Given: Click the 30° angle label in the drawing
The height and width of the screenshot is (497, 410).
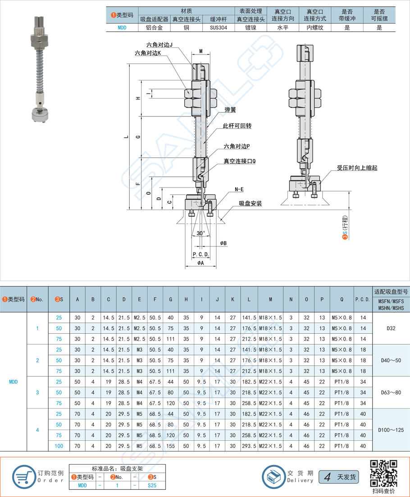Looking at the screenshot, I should [200, 233].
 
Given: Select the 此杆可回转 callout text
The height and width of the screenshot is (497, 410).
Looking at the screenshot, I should [237, 126].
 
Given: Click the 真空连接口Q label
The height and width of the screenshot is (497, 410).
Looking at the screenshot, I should [239, 161].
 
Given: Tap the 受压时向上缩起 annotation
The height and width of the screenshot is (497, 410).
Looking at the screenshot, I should [357, 167].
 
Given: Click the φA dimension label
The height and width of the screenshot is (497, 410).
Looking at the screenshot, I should [200, 263].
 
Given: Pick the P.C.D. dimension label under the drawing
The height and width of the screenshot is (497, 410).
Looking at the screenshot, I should [200, 254].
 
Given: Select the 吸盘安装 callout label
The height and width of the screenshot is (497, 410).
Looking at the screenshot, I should [250, 204].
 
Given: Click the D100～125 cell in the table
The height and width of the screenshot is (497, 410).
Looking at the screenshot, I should [391, 430].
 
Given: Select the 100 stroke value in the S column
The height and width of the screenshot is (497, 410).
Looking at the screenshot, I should [59, 446].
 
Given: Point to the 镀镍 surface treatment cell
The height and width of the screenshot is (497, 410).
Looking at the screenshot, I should [251, 27].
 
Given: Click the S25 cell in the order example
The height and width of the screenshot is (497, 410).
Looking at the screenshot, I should [153, 485].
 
